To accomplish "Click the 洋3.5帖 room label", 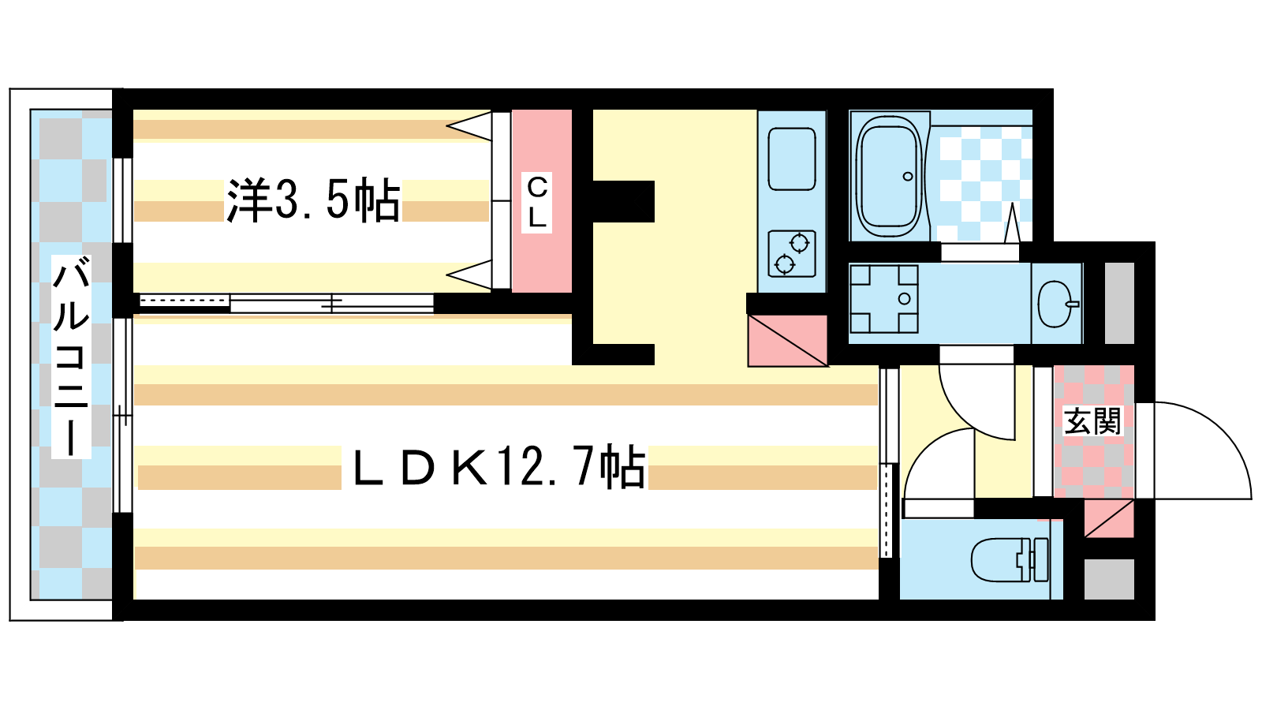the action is pos(313,200).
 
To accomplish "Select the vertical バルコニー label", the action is pos(71,356).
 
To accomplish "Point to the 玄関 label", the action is pos(1092,421).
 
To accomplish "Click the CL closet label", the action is pos(537,202).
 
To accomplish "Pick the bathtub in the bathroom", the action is pos(890,176).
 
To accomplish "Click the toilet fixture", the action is pos(1009,559).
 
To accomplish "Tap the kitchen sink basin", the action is pos(792,159).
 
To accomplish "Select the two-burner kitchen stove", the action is pos(792,253).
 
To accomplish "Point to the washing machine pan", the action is pos(883,299).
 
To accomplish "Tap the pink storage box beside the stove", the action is pos(788,341).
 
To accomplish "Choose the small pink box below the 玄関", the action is pos(1109,518).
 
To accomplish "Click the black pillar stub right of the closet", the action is pos(624,201).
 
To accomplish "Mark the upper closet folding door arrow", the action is pos(469,126).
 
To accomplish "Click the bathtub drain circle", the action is pos(908,177).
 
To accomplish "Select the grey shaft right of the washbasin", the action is pos(1119,303).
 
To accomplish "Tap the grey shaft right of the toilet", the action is pos(1109,579).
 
